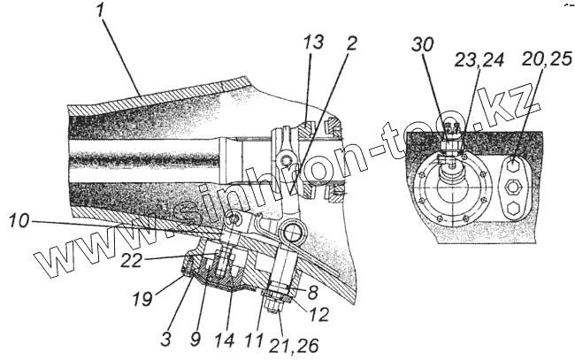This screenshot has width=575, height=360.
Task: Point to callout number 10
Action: (x=19, y=218)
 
